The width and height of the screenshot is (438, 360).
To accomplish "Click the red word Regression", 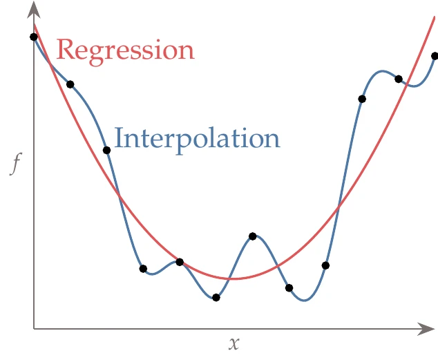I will tap(124, 50).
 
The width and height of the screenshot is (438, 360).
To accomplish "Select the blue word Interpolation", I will tap(197, 138).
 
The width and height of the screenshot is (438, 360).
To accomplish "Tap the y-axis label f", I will tap(15, 164).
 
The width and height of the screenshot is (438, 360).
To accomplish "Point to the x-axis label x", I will tap(234, 343).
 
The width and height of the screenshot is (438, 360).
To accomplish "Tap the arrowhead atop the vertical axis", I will tap(34, 8).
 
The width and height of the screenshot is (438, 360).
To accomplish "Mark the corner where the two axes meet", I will tap(34, 329).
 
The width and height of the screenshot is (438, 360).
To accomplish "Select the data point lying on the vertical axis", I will tap(34, 37).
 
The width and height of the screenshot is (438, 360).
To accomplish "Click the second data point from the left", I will tap(70, 84).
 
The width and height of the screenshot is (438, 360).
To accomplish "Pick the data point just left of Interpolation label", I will tap(106, 150).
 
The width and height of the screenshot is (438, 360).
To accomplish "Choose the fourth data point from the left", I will tap(143, 269).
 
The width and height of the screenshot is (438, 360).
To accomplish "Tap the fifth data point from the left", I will tap(180, 262).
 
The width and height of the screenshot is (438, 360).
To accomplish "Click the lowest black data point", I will tap(216, 298).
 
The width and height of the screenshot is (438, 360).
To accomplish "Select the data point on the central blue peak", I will tap(253, 236).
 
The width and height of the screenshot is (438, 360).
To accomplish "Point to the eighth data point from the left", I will tap(289, 287).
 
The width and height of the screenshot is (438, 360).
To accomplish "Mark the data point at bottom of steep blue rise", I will tap(325, 265).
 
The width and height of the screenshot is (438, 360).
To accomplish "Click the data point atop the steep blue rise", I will tap(362, 99).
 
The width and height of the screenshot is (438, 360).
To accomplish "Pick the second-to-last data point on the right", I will tap(399, 79).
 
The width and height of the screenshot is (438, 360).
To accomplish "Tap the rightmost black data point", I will tap(435, 56).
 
